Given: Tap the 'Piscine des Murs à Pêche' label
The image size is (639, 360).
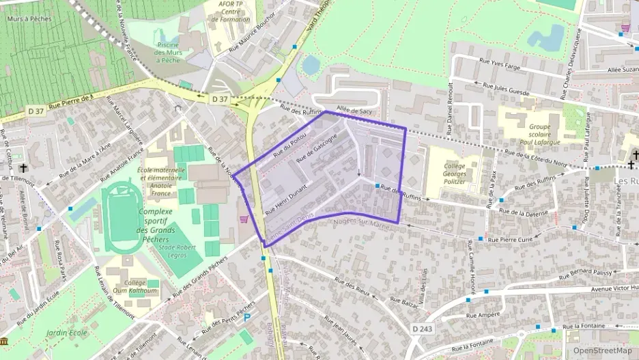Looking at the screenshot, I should click(x=167, y=52).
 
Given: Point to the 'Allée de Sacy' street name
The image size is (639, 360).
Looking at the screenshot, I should click(x=354, y=110).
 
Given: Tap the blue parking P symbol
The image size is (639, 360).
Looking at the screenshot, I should click(x=247, y=317).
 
